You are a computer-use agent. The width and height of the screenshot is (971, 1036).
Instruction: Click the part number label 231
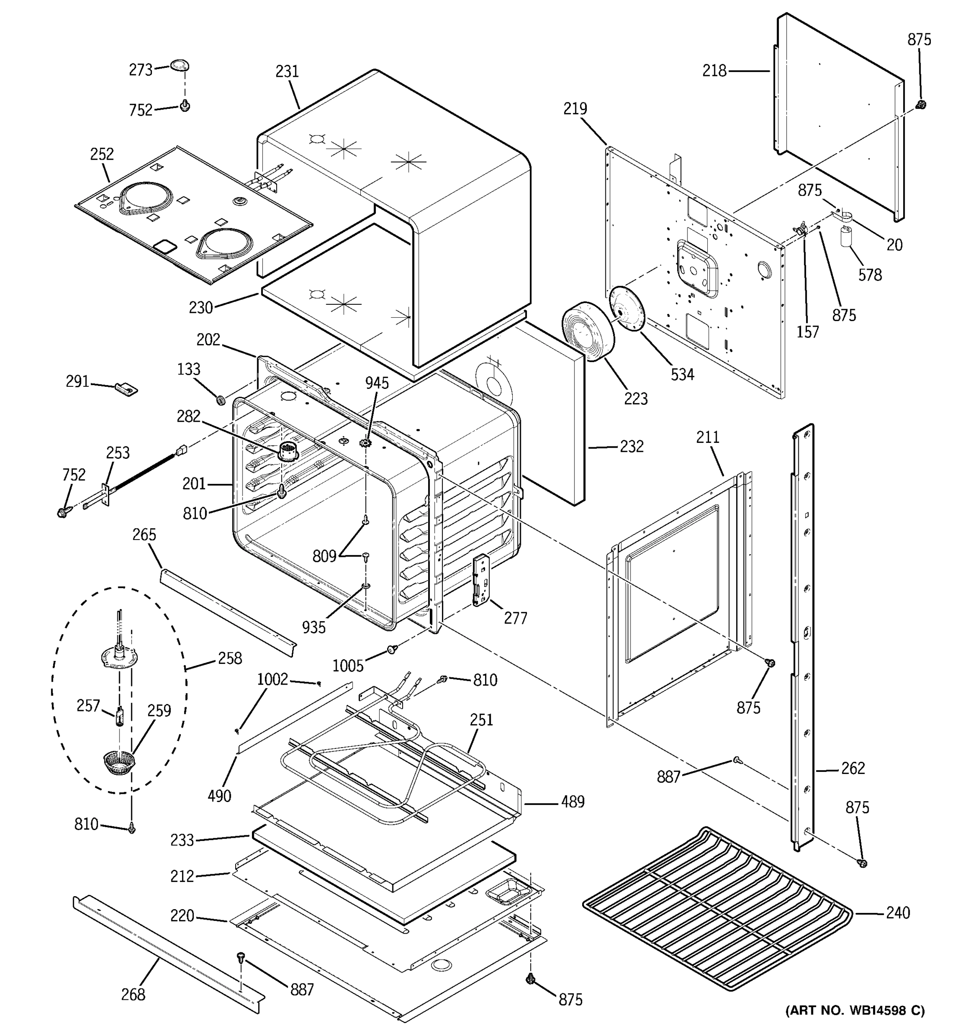pyautogui.click(x=287, y=71)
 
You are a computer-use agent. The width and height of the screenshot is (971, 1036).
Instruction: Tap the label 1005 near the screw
pyautogui.click(x=347, y=666)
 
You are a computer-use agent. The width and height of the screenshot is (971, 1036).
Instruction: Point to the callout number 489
pyautogui.click(x=573, y=802)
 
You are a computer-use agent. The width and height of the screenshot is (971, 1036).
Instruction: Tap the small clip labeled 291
pyautogui.click(x=126, y=388)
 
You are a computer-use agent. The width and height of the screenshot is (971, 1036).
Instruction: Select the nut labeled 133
pyautogui.click(x=221, y=400)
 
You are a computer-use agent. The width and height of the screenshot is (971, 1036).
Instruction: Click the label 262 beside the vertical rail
pyautogui.click(x=853, y=768)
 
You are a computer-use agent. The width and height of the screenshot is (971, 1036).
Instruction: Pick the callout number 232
pyautogui.click(x=631, y=447)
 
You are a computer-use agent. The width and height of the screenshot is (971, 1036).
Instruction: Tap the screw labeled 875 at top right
pyautogui.click(x=921, y=105)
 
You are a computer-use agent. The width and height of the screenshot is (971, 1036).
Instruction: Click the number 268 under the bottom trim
pyautogui.click(x=133, y=995)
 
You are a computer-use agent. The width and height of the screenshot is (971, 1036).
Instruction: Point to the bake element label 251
pyautogui.click(x=481, y=720)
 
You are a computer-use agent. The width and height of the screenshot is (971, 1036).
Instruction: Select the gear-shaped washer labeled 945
pyautogui.click(x=366, y=443)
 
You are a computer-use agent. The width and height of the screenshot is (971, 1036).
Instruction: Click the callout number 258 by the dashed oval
pyautogui.click(x=230, y=658)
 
